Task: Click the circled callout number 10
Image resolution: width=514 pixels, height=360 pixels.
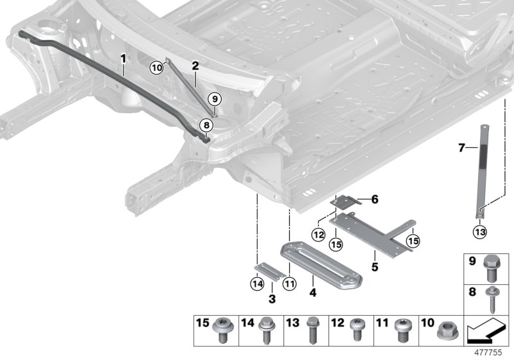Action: [157, 68]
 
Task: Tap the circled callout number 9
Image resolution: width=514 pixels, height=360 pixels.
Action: [215, 99]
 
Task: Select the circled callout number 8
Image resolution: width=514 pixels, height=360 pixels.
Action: [206, 125]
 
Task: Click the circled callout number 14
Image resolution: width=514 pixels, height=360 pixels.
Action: [257, 283]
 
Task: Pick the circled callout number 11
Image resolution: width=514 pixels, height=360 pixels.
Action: [290, 283]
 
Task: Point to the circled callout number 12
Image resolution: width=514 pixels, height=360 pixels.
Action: [319, 235]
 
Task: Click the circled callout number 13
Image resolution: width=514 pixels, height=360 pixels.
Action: [480, 232]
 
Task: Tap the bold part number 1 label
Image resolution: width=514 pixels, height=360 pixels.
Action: [123, 59]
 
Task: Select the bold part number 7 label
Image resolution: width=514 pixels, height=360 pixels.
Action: [461, 148]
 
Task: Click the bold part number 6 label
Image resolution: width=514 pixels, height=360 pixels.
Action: [375, 199]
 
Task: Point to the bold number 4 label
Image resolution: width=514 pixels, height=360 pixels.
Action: [313, 292]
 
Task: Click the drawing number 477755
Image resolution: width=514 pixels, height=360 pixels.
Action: [488, 352]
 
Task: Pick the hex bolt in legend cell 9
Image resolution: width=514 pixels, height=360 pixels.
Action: [491, 269]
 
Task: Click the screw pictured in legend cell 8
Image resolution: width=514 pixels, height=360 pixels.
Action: [492, 300]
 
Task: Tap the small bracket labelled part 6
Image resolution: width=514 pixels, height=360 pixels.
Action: [346, 201]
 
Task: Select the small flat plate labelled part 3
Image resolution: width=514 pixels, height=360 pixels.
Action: [270, 271]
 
